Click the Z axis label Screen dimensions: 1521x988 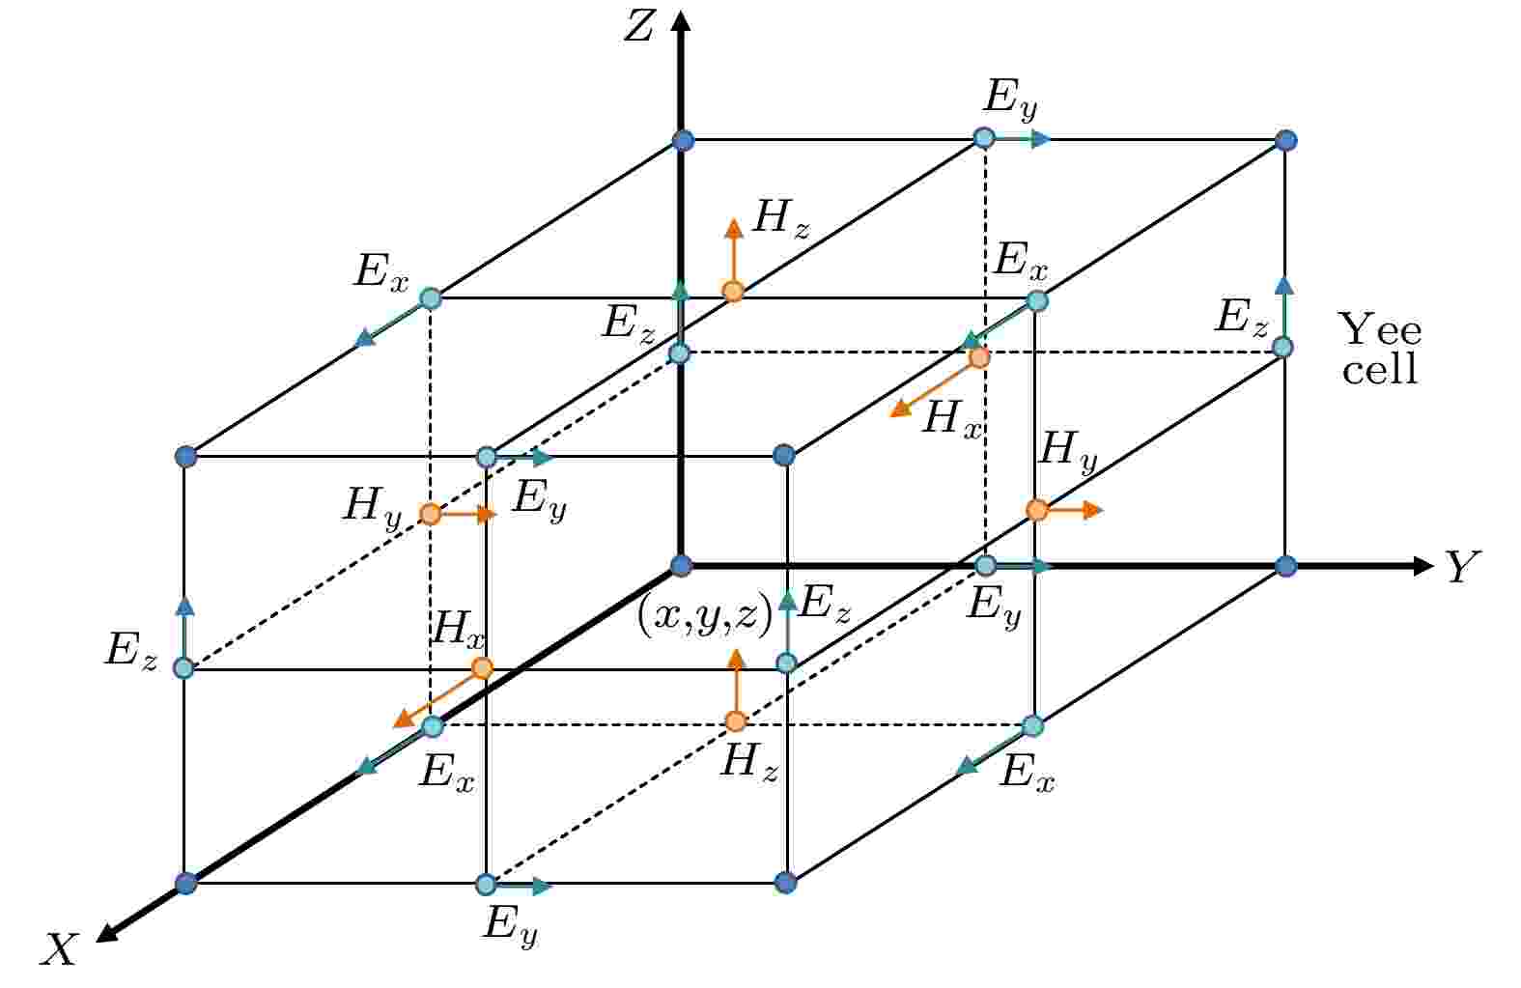coord(638,28)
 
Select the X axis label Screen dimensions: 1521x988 coord(60,948)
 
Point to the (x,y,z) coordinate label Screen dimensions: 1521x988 coord(705,617)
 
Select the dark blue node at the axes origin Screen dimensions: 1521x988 coord(681,566)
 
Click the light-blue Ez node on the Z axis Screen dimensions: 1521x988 coord(680,353)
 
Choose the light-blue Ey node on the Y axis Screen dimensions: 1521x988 coord(986,565)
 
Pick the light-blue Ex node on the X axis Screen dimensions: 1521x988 coord(433,726)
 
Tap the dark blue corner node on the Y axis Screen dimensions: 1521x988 coord(1285,566)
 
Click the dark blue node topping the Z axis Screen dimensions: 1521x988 coord(683,141)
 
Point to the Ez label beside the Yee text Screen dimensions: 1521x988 coord(1241,319)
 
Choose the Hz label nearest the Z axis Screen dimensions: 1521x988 coord(782,220)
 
